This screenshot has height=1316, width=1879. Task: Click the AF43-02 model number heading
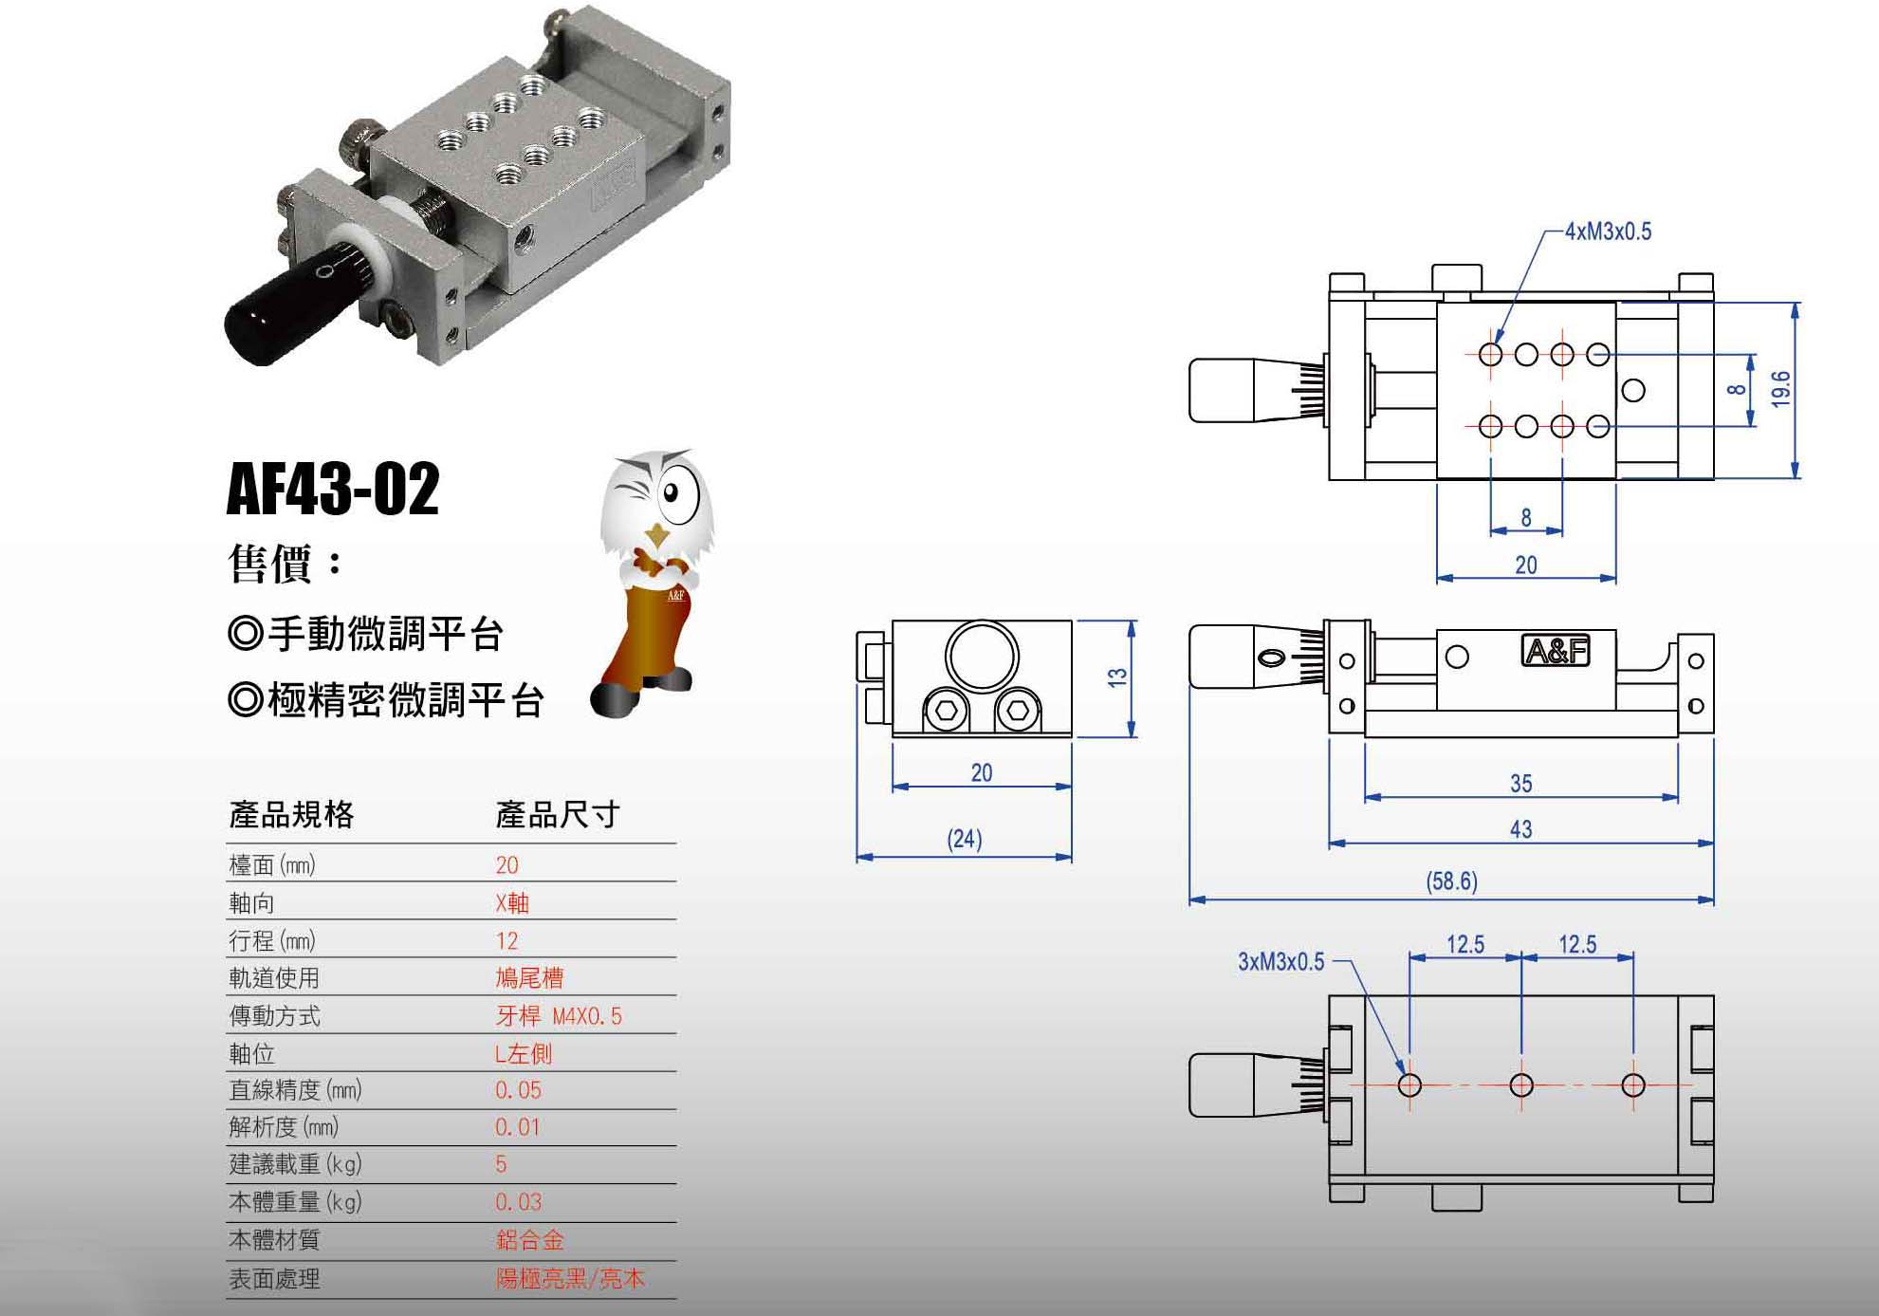[x=333, y=490]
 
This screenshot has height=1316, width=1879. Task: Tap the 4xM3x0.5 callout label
[x=1608, y=232]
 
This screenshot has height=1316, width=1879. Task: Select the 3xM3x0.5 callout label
[x=1280, y=962]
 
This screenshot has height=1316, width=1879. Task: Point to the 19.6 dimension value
[x=1781, y=389]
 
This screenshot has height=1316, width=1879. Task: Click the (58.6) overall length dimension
[x=1451, y=881]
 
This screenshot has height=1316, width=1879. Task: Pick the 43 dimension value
[x=1520, y=829]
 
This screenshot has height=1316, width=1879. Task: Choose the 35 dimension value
[x=1520, y=784]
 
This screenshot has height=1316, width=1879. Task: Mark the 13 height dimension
[x=1117, y=677]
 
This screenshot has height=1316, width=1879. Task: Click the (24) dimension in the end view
[x=964, y=839]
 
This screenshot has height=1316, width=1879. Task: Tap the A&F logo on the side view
[x=1556, y=651]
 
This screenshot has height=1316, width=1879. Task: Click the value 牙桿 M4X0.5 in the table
[x=559, y=1016]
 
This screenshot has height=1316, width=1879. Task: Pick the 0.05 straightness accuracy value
[x=518, y=1090]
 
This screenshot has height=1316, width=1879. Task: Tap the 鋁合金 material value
[x=529, y=1239]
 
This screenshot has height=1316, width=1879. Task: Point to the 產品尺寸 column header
[x=557, y=814]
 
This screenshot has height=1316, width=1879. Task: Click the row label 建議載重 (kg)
[x=295, y=1164]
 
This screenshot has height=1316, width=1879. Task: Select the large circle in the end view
[x=982, y=657]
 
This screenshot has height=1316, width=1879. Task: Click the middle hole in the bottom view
[x=1521, y=1084]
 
